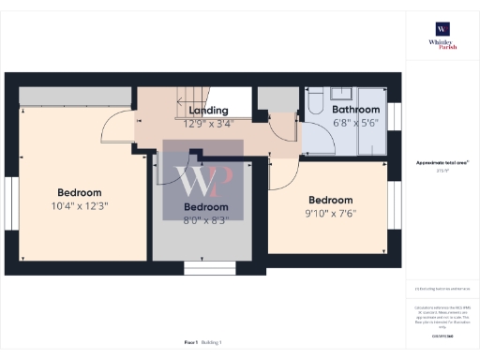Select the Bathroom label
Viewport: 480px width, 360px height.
[x=354, y=109]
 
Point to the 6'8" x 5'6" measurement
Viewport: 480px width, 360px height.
[x=354, y=122]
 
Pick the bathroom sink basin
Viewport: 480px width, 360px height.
[x=338, y=94]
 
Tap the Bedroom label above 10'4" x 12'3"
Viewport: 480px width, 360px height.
[x=79, y=192]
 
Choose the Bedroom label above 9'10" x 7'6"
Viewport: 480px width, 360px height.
[x=331, y=200]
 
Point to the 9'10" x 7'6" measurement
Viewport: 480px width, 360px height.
[x=331, y=213]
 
